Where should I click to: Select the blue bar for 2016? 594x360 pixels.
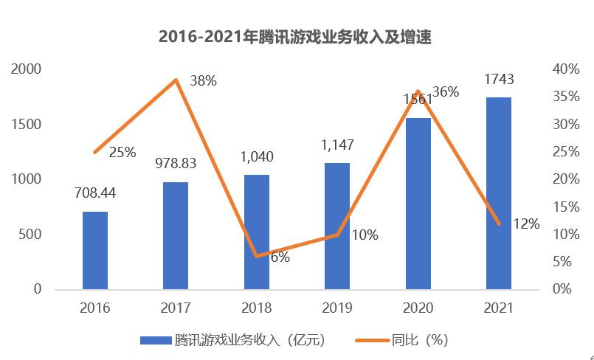pos(95,250)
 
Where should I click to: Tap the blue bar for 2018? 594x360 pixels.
pos(257,232)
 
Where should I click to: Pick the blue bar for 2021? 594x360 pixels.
pos(499,193)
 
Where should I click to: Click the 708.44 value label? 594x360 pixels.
pos(95,194)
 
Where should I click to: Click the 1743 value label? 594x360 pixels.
pos(499,79)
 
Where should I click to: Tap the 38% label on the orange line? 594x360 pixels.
pos(203,81)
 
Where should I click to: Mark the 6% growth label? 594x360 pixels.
pos(280,257)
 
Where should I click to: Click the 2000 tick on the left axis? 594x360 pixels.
pos(26,69)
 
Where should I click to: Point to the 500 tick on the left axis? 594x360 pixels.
pos(30,235)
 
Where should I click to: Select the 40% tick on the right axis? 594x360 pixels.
pos(565,69)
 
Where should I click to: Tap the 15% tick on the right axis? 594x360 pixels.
pos(565,207)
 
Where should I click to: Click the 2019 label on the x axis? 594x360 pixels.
pos(337,308)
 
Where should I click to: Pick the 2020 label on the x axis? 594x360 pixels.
pos(418,308)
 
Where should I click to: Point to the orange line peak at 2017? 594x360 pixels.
pos(176,79)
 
